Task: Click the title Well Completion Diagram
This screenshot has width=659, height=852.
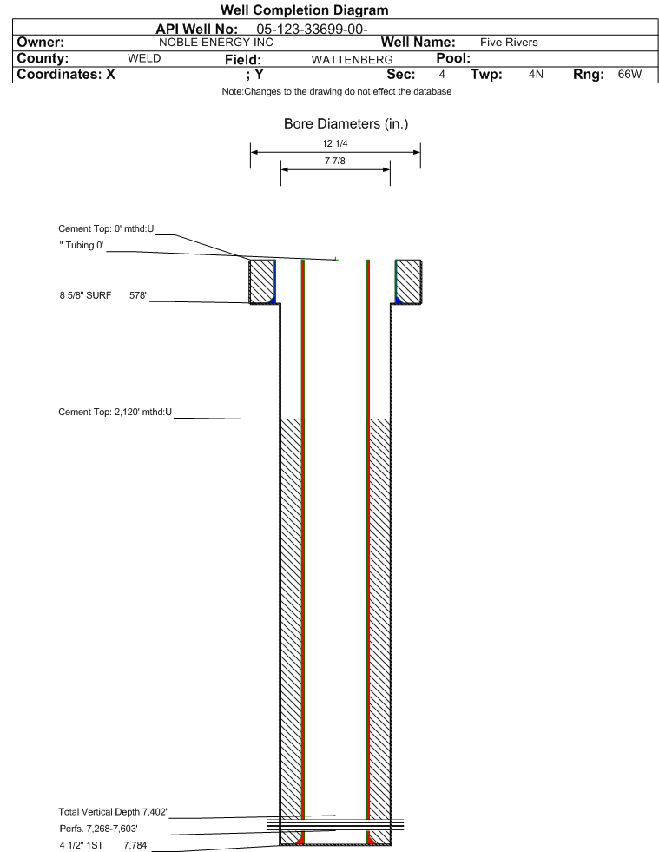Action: pyautogui.click(x=304, y=10)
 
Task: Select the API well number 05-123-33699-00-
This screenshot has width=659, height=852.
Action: pyautogui.click(x=312, y=29)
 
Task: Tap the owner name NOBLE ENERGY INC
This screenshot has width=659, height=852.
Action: pyautogui.click(x=216, y=43)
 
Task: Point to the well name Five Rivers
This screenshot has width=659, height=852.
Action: pyautogui.click(x=509, y=43)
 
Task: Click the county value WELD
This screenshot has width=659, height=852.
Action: pyautogui.click(x=144, y=58)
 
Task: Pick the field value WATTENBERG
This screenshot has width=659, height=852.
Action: pyautogui.click(x=352, y=59)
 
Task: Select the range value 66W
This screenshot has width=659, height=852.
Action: pyautogui.click(x=629, y=74)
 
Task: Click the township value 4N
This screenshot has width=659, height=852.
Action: pyautogui.click(x=536, y=74)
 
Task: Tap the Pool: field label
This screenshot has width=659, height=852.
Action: pyautogui.click(x=453, y=58)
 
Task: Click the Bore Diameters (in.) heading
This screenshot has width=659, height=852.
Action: pyautogui.click(x=346, y=124)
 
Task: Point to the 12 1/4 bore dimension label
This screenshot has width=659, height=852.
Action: pyautogui.click(x=334, y=143)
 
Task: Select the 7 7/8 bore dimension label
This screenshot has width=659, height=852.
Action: pyautogui.click(x=334, y=161)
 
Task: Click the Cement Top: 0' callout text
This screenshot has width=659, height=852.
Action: pyautogui.click(x=107, y=228)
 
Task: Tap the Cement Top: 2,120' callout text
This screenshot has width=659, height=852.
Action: pyautogui.click(x=115, y=412)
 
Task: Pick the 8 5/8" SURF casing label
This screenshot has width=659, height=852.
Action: pyautogui.click(x=85, y=295)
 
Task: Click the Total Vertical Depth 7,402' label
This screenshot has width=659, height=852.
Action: pyautogui.click(x=113, y=812)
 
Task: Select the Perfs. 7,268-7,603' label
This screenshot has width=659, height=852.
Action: pyautogui.click(x=98, y=829)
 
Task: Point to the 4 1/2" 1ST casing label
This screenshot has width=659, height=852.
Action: pyautogui.click(x=81, y=845)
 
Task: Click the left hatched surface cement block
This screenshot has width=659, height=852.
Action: pyautogui.click(x=262, y=281)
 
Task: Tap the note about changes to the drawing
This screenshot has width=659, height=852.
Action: pyautogui.click(x=336, y=91)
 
